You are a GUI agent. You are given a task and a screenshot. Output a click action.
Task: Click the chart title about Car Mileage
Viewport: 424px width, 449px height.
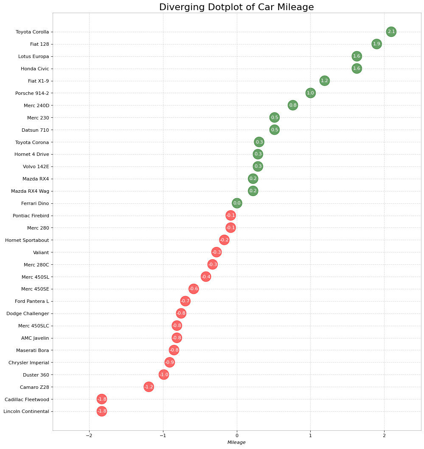point(236,7)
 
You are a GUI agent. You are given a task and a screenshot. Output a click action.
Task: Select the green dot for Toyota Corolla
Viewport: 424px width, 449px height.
point(391,32)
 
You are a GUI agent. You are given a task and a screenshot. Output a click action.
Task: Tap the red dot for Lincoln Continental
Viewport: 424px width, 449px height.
point(101,411)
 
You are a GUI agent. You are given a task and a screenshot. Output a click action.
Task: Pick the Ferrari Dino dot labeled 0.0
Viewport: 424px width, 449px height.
point(237,203)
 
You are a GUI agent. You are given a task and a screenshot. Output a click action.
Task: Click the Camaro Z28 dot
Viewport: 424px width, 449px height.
point(149,387)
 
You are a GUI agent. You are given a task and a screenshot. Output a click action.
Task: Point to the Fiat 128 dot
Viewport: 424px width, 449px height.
point(376,44)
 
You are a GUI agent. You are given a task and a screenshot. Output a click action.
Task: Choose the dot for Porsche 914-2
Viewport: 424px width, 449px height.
point(310,93)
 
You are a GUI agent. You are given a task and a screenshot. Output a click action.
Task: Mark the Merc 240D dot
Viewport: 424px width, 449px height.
point(292,105)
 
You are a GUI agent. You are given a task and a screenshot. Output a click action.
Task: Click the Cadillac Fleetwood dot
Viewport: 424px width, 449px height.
point(101,399)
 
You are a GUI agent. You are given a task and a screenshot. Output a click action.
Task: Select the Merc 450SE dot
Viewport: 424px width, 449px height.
point(194,289)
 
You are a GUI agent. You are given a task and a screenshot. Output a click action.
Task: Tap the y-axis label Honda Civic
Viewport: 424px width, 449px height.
point(35,69)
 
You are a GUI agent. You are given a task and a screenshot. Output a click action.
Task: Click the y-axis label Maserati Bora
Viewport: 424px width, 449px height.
point(33,350)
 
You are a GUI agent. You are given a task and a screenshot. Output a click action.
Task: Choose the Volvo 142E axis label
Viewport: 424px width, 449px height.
point(36,166)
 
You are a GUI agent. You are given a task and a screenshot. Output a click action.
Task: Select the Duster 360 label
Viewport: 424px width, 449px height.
point(36,375)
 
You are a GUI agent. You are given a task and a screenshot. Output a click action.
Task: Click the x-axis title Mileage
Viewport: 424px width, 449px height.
point(236,443)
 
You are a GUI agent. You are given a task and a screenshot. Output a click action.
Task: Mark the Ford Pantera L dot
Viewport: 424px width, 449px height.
point(185,301)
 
